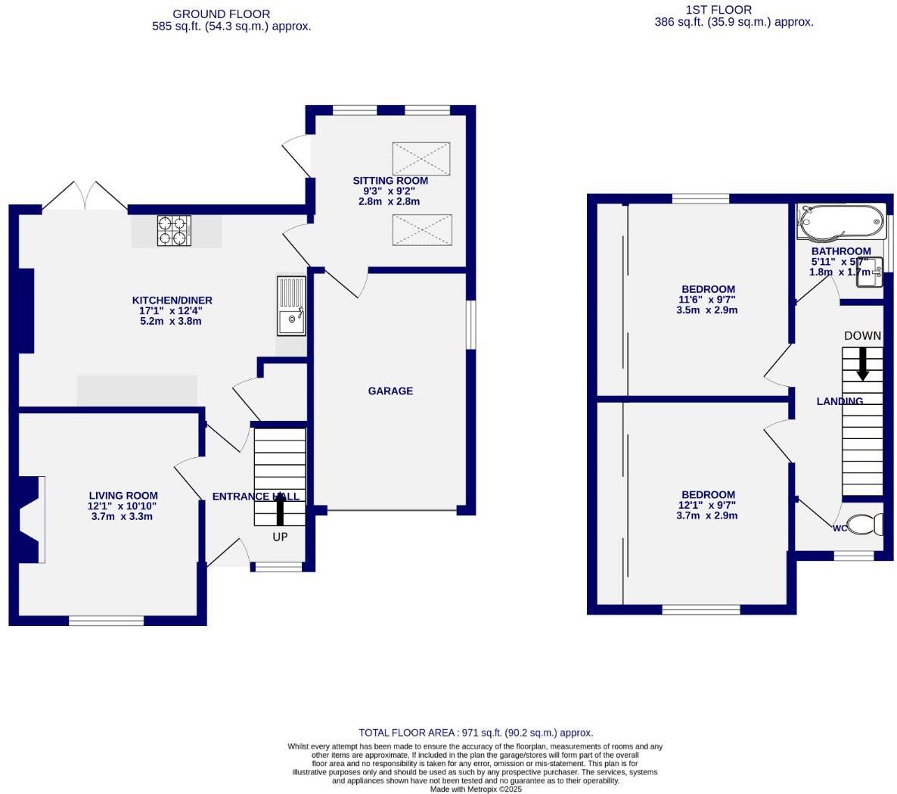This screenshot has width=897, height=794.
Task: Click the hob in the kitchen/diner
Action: coord(173,231)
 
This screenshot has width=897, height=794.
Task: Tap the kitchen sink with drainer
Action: coord(291,307)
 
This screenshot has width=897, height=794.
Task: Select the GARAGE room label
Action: coord(390,391)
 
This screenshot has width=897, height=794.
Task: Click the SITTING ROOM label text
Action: coord(390,181)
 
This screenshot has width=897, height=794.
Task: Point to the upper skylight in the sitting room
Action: coord(421,158)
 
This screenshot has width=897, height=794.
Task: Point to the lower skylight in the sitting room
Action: coord(421,229)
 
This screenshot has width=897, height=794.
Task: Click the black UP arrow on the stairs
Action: coord(280,512)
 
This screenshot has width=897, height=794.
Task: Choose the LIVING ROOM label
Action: coord(123,496)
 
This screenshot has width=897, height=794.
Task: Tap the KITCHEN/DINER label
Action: coord(172,300)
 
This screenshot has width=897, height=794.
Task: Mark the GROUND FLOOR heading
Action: coord(221,14)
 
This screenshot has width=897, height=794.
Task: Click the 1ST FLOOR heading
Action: coord(719,10)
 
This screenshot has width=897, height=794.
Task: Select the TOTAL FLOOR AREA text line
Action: coord(476,733)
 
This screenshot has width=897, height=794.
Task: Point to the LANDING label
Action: coord(840,401)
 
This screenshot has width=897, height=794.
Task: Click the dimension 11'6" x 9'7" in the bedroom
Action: coord(706,300)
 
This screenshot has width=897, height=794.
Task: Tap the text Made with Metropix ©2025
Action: coord(476,789)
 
